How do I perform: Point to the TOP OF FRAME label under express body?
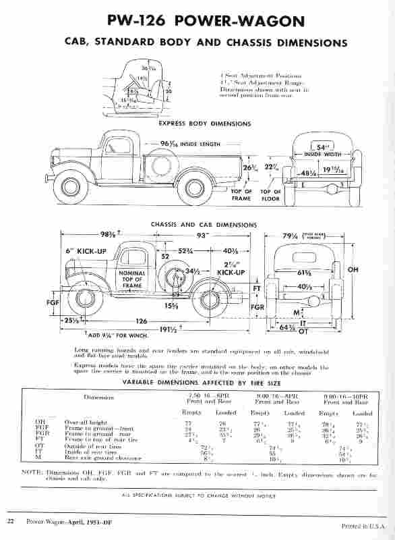(242, 195)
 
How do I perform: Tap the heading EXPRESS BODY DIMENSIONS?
(205, 124)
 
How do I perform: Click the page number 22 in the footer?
(11, 521)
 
